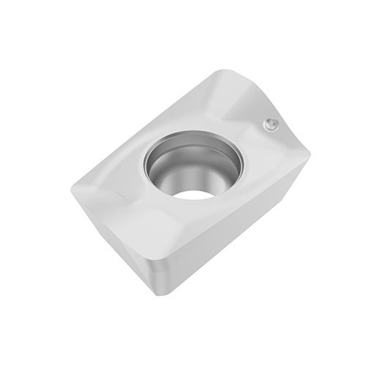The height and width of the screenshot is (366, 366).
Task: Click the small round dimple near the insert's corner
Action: pyautogui.click(x=271, y=125)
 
